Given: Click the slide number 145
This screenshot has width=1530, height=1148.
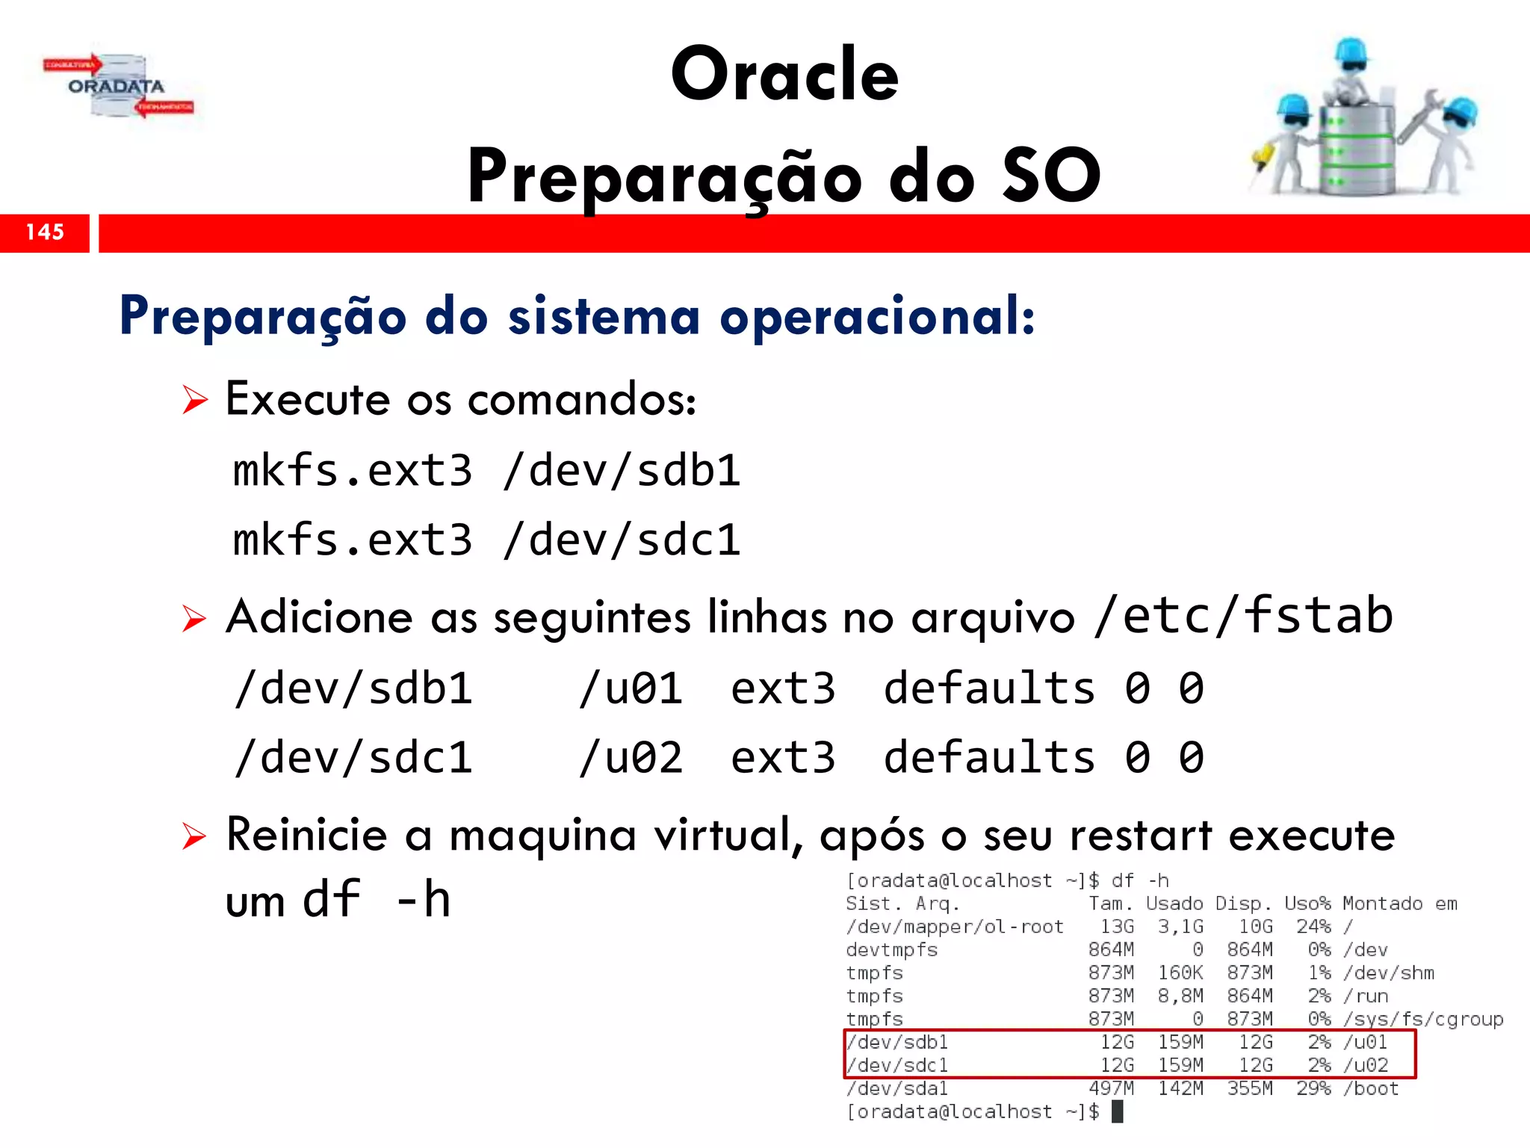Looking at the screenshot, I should (45, 232).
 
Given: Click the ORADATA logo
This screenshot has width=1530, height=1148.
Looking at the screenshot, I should (117, 87).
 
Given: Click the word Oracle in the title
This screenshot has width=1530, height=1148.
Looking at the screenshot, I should (784, 74).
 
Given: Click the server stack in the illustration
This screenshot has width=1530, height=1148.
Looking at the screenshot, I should (1357, 149).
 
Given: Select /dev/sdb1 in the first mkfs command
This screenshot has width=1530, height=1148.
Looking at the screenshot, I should (622, 471).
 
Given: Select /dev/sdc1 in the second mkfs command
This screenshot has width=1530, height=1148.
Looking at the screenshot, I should (622, 540).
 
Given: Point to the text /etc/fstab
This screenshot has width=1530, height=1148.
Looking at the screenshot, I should (1243, 616).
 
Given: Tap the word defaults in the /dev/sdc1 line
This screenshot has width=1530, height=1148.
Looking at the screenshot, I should (989, 758).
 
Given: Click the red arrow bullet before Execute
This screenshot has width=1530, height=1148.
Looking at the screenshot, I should (195, 401).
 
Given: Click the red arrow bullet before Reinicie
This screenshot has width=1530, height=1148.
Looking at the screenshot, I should (194, 836).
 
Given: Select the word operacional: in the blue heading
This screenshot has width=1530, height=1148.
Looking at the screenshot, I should (877, 317).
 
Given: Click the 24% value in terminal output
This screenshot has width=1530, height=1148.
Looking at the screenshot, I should (1313, 927).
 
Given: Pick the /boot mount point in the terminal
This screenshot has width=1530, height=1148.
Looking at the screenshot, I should (1371, 1089).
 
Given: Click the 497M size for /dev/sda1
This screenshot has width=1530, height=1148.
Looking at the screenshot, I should (1111, 1089).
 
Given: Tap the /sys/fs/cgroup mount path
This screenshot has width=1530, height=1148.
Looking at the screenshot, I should (1422, 1019).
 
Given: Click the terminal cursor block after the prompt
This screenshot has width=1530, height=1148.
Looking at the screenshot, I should (1118, 1112).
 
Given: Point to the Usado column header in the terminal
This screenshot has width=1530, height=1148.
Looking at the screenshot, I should (1174, 904).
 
